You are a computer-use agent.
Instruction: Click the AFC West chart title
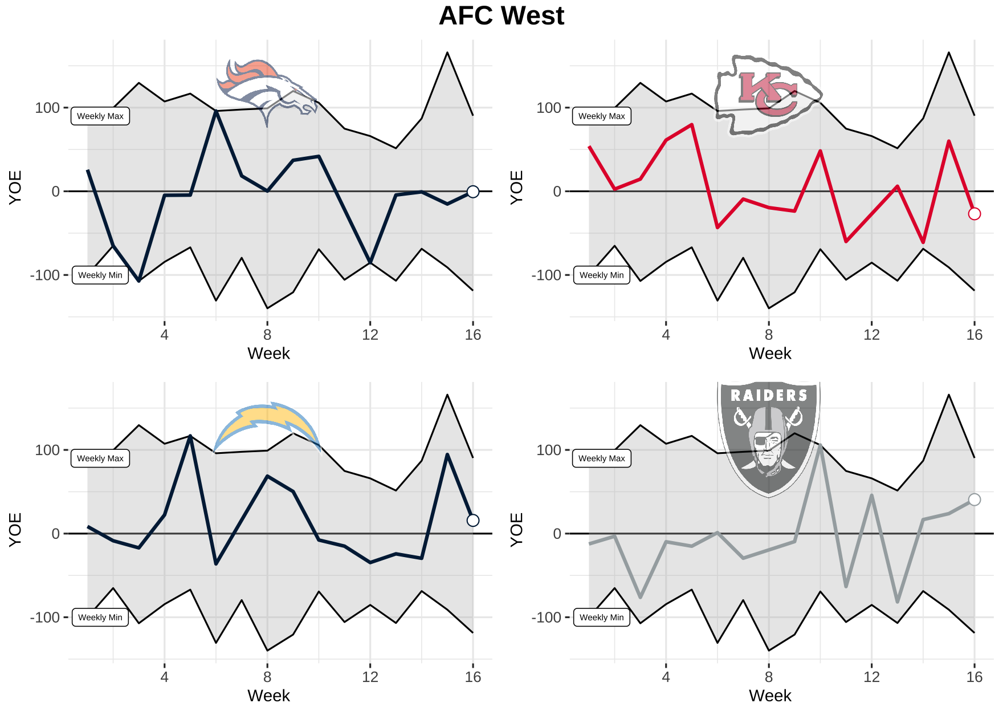pyautogui.click(x=502, y=16)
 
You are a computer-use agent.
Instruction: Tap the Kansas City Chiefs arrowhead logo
pyautogui.click(x=767, y=95)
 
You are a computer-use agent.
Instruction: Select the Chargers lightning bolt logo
pyautogui.click(x=267, y=426)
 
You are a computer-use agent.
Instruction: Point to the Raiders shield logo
pyautogui.click(x=768, y=438)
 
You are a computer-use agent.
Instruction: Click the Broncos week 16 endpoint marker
pyautogui.click(x=473, y=192)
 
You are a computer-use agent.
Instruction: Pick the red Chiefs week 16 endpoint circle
pyautogui.click(x=975, y=214)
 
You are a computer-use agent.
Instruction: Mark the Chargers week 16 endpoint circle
pyautogui.click(x=473, y=520)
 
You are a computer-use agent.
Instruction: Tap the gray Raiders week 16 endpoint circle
pyautogui.click(x=975, y=499)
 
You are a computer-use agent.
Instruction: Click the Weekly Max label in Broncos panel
pyautogui.click(x=100, y=116)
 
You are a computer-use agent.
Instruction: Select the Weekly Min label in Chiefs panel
pyautogui.click(x=601, y=275)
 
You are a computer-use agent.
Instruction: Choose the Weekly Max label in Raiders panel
pyautogui.click(x=601, y=458)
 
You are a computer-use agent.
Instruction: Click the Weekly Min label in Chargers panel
pyautogui.click(x=100, y=617)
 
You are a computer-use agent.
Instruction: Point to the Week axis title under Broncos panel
pyautogui.click(x=268, y=354)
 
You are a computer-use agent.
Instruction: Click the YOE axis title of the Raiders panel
pyautogui.click(x=516, y=529)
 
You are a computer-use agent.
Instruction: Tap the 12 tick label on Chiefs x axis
pyautogui.click(x=871, y=335)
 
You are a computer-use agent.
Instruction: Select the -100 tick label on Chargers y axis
pyautogui.click(x=45, y=617)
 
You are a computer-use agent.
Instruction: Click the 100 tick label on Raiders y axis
pyautogui.click(x=549, y=450)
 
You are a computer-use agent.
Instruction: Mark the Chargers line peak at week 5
pyautogui.click(x=190, y=436)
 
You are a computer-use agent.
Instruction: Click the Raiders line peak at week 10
pyautogui.click(x=820, y=446)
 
